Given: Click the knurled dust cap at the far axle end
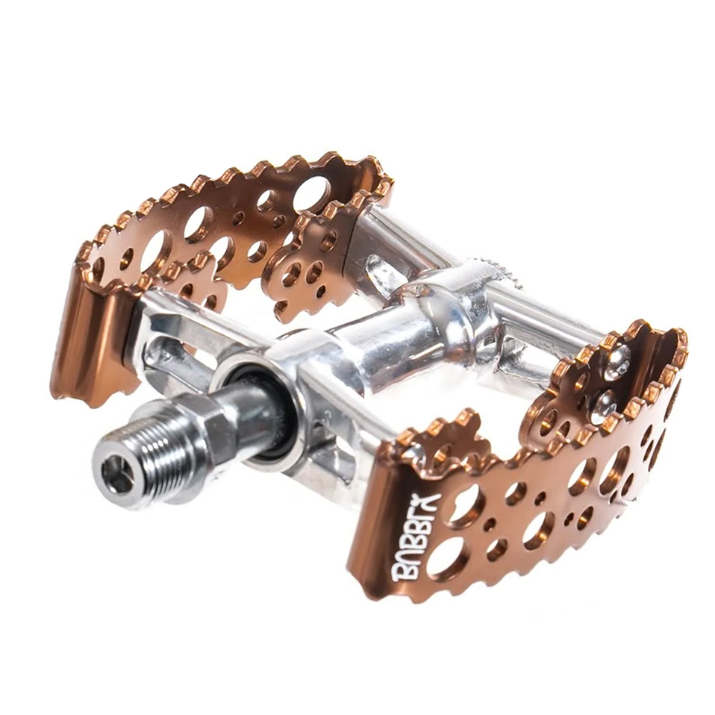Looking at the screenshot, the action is [x=502, y=269].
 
